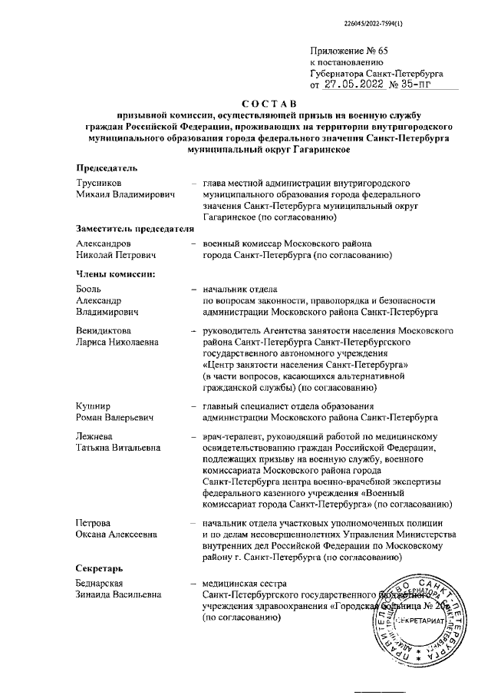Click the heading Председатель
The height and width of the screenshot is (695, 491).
click(106, 168)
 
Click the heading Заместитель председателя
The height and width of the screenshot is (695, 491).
click(131, 228)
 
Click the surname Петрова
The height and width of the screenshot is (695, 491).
click(93, 522)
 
